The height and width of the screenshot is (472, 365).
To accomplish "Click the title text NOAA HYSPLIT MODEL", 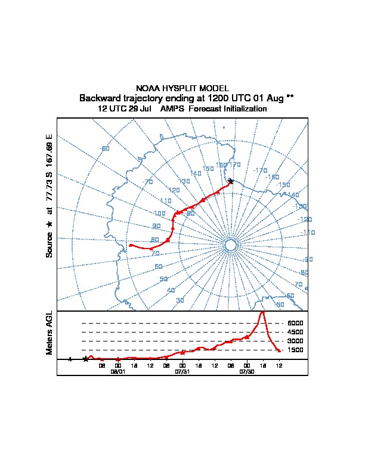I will click(182, 88).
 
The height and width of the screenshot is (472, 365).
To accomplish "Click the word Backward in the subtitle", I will click(98, 98).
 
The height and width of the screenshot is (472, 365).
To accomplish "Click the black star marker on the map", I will click(231, 181).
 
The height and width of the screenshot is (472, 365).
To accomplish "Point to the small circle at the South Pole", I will click(231, 246).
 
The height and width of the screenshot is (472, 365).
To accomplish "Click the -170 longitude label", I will click(260, 170).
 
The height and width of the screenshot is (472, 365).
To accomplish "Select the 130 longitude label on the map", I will click(184, 181).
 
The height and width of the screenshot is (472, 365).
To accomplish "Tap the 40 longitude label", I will click(171, 290).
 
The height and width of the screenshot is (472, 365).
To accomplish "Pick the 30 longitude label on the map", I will click(180, 300).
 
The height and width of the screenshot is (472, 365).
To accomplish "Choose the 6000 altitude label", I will click(295, 323).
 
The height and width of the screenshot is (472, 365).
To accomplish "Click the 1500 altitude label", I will click(295, 350).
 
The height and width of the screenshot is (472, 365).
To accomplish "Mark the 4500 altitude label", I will click(295, 332).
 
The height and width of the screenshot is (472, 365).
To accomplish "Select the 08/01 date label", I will click(118, 371).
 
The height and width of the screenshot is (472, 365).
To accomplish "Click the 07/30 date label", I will click(247, 371).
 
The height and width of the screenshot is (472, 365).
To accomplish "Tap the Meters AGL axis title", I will click(50, 333).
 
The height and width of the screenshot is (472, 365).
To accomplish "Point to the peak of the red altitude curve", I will click(262, 312).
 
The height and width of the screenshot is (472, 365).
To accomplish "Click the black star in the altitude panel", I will click(86, 359).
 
